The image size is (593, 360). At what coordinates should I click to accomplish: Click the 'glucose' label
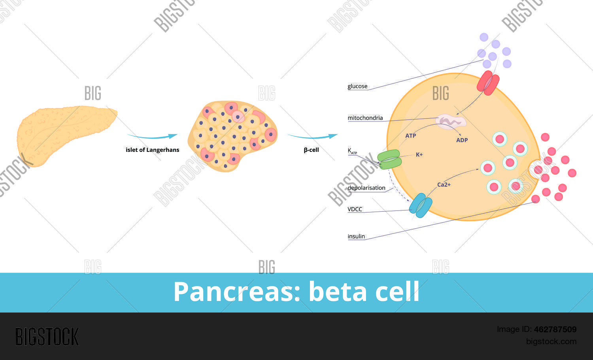tap(357, 86)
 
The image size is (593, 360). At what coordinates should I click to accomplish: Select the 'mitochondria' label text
tap(365, 118)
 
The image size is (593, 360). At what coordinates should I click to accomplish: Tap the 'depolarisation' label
tap(366, 188)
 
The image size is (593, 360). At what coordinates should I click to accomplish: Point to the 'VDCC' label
tap(355, 209)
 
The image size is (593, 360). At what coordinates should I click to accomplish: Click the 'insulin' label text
tap(356, 237)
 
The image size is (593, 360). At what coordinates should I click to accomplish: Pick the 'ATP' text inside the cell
tap(410, 136)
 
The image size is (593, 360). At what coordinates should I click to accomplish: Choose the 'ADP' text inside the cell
tap(462, 140)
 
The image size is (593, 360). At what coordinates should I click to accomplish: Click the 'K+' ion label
tap(419, 155)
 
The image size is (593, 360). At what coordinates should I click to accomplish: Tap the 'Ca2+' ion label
tap(444, 185)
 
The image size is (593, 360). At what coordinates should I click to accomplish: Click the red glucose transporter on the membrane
tap(488, 83)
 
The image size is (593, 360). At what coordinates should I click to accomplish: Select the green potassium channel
tap(389, 159)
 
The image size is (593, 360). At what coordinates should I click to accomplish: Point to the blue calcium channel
tap(420, 205)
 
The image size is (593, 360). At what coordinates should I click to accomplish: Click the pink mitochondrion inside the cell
tap(451, 121)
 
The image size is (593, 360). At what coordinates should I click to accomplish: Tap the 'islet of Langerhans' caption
tap(152, 150)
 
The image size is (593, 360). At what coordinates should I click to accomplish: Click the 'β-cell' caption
tap(311, 150)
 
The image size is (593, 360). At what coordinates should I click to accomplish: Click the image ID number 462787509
tap(555, 329)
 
